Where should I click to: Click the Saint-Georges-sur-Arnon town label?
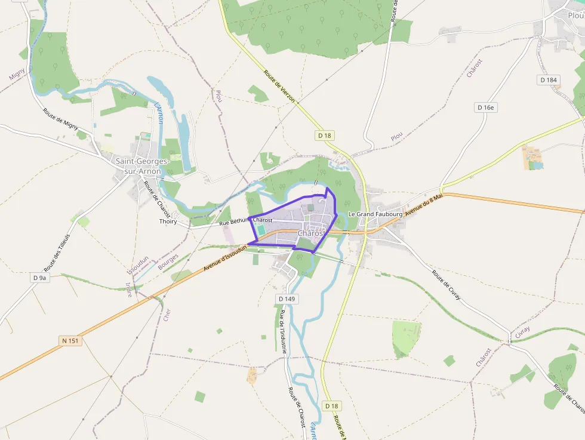(x=143, y=166)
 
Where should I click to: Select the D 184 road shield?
(x=548, y=80)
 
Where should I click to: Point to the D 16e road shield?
(x=487, y=107)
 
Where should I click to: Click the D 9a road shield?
(x=39, y=278)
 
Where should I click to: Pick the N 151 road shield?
(x=70, y=340)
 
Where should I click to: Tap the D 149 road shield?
(x=287, y=298)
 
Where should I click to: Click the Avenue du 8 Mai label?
(x=423, y=205)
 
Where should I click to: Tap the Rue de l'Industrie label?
(x=283, y=331)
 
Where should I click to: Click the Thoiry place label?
(x=168, y=221)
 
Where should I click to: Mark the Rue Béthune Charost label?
(x=246, y=221)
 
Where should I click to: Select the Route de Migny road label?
(x=60, y=119)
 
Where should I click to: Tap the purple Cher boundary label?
(x=167, y=314)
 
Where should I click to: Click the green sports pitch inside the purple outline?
(x=261, y=229)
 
